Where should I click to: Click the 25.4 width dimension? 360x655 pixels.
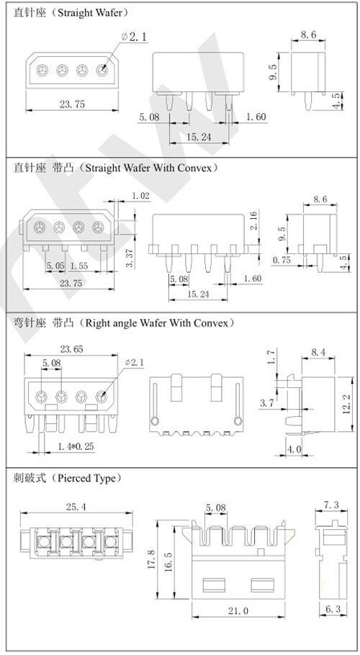74,507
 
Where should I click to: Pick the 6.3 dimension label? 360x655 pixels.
333,610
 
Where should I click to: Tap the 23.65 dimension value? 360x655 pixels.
71,348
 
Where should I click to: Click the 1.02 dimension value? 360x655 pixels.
141,196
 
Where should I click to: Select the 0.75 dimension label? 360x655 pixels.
284,260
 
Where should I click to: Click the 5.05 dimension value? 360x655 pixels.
55,266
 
